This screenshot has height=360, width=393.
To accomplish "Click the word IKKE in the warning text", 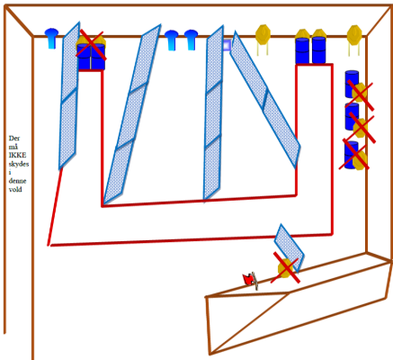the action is coord(17,155).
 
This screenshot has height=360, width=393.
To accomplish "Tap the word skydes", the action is coord(19,164).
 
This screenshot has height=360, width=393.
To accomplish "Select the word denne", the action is coord(17,181).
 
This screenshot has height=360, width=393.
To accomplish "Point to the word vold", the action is coord(15,189).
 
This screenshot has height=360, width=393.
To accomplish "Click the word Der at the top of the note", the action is coord(14,139).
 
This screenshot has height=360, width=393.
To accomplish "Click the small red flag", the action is coord(248,280).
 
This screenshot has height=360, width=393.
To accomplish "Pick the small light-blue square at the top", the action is coord(227,45).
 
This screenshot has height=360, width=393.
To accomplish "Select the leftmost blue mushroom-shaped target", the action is coord(51,38).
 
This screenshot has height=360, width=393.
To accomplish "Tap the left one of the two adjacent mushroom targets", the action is coord(172,40).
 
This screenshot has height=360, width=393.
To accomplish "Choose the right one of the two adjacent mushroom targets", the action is coord(191,40).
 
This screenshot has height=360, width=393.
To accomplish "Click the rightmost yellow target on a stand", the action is coord(354,40).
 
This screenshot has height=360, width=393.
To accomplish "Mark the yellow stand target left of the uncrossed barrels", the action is coord(263,40).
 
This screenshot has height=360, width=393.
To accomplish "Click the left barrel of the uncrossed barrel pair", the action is coord(302,50).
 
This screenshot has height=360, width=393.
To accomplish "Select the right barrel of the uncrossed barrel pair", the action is coord(318,50).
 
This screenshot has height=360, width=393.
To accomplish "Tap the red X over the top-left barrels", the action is coord(90,44).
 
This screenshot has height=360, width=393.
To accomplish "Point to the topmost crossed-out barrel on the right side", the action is coord(352,84).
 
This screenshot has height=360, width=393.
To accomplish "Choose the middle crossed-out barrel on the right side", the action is coord(352,116).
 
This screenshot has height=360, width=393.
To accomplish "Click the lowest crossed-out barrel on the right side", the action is coord(352,155).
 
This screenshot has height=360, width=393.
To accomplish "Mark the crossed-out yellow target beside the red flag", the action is coord(285,268).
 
